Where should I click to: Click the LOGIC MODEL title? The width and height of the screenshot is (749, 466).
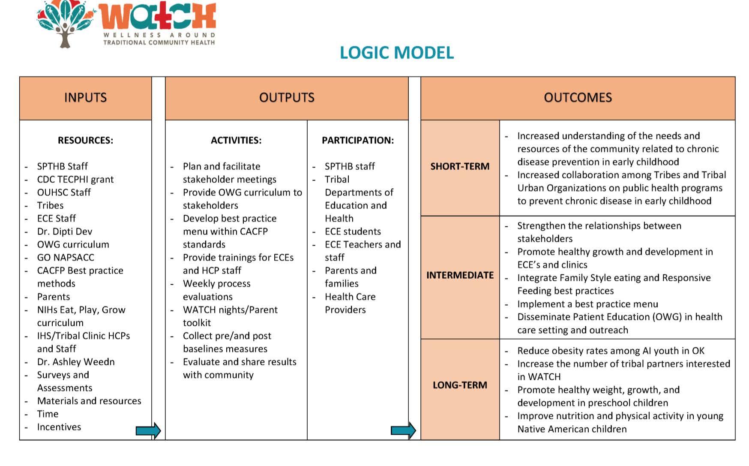coord(396,53)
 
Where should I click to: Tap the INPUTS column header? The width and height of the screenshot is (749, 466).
coord(85,98)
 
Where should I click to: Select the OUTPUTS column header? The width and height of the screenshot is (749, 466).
coord(287,98)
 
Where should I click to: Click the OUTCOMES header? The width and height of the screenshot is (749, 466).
coord(578,98)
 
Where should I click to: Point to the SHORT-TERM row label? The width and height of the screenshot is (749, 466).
coord(460,166)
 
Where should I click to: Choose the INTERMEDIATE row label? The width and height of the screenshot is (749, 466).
coord(460,275)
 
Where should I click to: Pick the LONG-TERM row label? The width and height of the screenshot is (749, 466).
coord(460,385)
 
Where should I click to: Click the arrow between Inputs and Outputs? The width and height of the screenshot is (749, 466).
coord(148,430)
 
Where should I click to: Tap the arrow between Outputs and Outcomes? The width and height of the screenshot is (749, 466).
coord(403,430)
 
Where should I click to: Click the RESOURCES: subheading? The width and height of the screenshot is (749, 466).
coord(85,141)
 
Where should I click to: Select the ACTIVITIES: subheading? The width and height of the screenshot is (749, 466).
coord(236,141)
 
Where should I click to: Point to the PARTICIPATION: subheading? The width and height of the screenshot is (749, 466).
coord(358,141)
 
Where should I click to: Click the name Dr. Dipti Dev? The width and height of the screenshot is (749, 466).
coord(65,231)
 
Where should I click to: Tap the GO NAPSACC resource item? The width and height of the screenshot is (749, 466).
coord(66,258)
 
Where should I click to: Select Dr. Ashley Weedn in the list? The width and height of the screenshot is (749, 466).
coord(76,362)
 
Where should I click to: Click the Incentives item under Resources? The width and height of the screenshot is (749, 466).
coord(59,427)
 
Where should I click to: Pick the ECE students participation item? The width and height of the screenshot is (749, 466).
coord(353,231)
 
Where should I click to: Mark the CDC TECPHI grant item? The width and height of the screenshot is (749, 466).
coord(75,180)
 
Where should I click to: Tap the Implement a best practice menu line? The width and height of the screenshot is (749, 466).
coord(587,304)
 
